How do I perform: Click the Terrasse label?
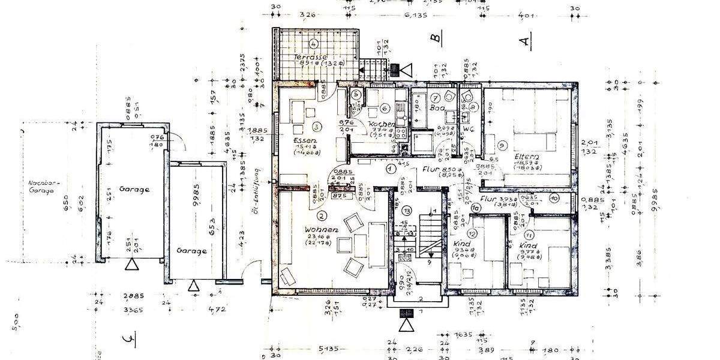pos(310,56)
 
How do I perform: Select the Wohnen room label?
pos(321,230)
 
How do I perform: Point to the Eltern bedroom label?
pos(527,157)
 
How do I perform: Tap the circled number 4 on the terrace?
pos(313,43)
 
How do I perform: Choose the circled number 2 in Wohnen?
pos(322,215)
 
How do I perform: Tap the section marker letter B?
pos(437,38)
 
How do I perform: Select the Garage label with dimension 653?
pos(192,251)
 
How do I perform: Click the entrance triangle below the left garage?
pos(131,265)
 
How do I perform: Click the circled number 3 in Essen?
pos(316,126)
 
